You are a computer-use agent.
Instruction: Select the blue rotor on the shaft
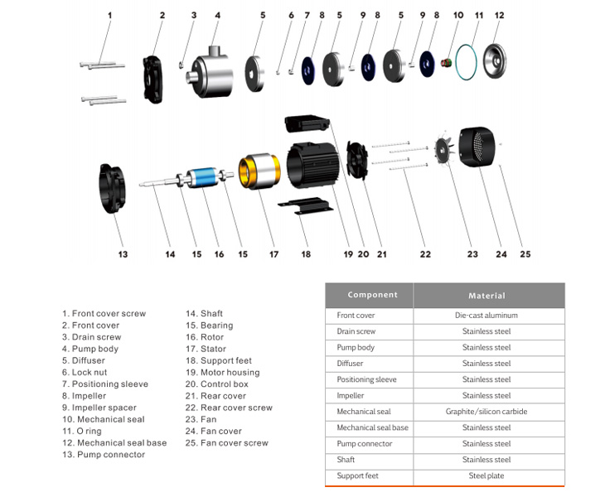[x=202, y=179]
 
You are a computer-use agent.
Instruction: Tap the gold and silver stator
[x=259, y=171]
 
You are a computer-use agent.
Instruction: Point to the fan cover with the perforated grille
[x=477, y=147]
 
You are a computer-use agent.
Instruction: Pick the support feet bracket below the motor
[x=306, y=205]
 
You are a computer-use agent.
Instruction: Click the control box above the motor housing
[x=307, y=123]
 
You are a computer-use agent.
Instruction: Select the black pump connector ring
[x=112, y=189]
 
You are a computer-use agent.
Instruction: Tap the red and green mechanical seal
[x=447, y=62]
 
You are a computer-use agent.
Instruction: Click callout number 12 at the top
[x=499, y=16]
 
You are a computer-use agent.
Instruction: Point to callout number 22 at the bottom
[x=425, y=254]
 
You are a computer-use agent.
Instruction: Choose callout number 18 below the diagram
[x=306, y=254]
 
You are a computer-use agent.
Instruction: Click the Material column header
[x=486, y=296]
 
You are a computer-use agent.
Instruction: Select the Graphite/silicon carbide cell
[x=486, y=412]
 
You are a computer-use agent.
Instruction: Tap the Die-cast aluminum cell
[x=486, y=315]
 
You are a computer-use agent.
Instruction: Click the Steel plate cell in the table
[x=486, y=475]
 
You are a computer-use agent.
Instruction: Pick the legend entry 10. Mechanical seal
[x=104, y=419]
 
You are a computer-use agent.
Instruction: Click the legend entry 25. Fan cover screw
[x=227, y=443]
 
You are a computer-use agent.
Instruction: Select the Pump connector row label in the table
[x=364, y=444]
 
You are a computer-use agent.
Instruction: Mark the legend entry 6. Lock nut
[x=85, y=373]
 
